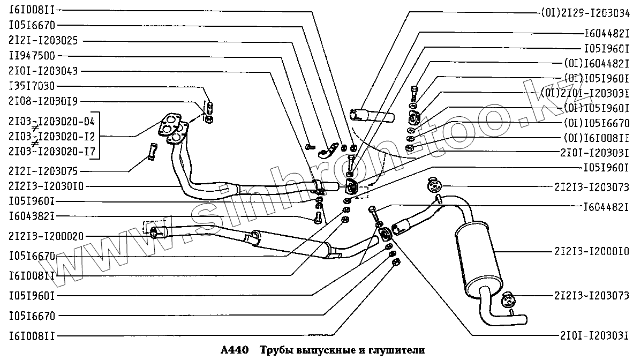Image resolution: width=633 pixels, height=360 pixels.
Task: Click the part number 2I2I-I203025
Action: (43, 40)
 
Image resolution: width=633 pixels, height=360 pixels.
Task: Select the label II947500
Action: (32, 55)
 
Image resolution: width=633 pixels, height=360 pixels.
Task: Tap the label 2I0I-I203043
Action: (43, 71)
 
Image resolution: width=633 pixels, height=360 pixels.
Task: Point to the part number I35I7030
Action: (32, 86)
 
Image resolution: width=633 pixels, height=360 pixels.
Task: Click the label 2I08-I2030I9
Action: (43, 101)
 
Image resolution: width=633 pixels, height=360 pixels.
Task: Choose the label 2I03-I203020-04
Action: (51, 121)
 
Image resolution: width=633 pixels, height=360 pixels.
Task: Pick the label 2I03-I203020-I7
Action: (51, 152)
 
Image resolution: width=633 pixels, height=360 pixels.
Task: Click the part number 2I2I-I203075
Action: (43, 171)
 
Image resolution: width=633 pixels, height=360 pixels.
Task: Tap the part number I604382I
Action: (32, 216)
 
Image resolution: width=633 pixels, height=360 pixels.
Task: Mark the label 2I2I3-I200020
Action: (46, 236)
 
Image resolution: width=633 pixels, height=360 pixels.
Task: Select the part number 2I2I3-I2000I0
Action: (592, 251)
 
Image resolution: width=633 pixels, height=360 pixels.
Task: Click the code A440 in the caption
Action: (235, 350)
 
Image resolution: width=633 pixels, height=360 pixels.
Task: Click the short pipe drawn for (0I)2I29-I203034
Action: (371, 115)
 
